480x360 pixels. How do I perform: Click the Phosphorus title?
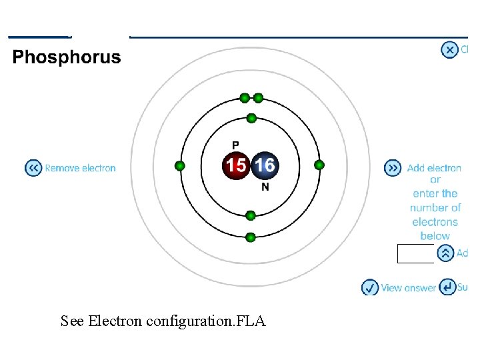[67, 57]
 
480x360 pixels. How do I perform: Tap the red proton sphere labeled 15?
[235, 165]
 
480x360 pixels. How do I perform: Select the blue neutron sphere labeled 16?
[264, 165]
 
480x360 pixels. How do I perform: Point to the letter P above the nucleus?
[235, 145]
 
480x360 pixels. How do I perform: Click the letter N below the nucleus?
[265, 187]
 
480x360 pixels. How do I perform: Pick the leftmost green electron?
[179, 165]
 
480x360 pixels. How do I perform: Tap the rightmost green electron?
[319, 165]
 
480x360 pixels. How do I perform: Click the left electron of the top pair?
[245, 98]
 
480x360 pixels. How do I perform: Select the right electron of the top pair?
[259, 98]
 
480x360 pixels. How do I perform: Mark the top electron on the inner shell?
[251, 118]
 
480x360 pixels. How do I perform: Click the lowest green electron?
[251, 237]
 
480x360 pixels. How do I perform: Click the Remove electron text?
[80, 168]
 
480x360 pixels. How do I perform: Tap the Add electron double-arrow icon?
[393, 168]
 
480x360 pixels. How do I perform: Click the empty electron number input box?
[415, 253]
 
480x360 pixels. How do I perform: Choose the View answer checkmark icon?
[370, 287]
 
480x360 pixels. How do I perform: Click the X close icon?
[450, 49]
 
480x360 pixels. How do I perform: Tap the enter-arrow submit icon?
[448, 287]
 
